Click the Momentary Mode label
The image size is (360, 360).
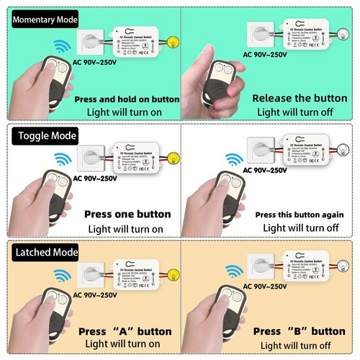coord(44,19)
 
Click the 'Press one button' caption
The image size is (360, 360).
coord(127,214)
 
